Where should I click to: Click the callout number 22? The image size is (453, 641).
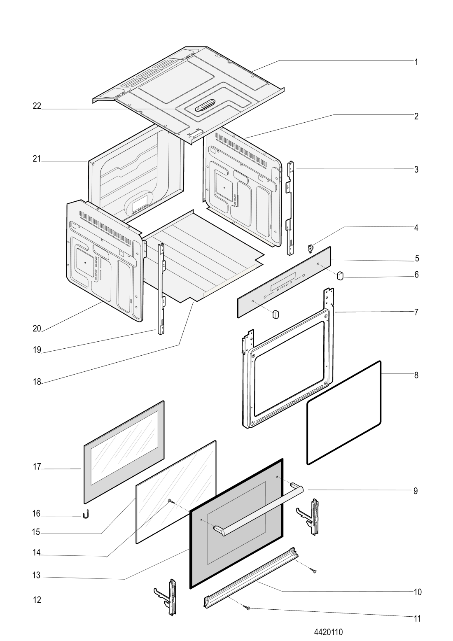(37, 106)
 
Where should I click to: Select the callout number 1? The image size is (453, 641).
(416, 62)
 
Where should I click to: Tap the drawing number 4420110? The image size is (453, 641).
(328, 632)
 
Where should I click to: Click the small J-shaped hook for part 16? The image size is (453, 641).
(86, 514)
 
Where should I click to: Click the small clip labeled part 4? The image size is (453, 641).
(310, 248)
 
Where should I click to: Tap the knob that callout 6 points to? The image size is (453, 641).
(340, 275)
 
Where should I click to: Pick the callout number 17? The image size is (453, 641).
(37, 467)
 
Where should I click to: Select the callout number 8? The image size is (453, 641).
(416, 375)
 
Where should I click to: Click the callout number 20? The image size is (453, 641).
(37, 329)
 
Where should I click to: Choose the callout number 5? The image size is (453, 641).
(417, 259)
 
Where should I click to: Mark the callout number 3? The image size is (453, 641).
(416, 169)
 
